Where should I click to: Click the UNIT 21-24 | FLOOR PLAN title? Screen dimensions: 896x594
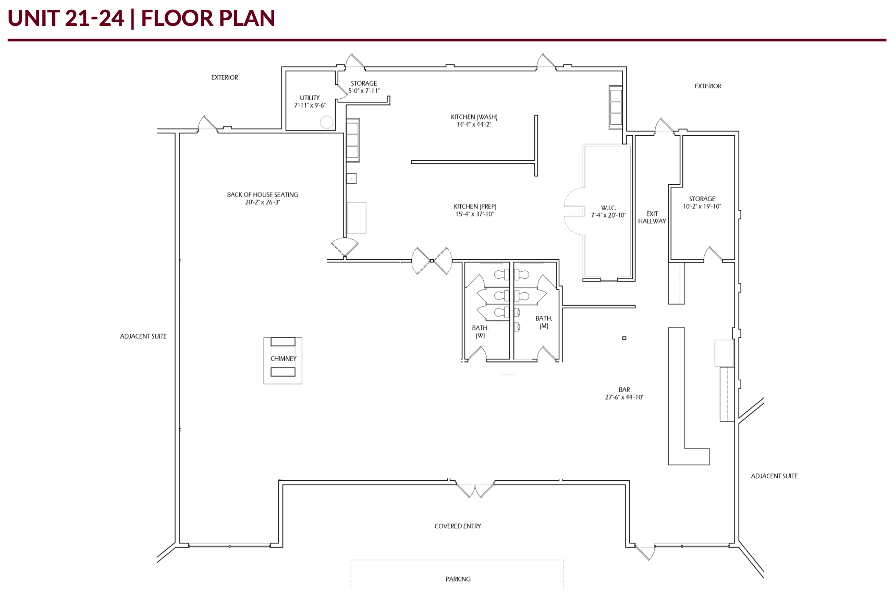(x=142, y=18)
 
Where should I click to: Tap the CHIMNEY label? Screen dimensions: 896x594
(x=283, y=359)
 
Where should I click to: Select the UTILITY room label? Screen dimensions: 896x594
(x=310, y=98)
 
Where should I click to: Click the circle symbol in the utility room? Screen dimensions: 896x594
(x=326, y=122)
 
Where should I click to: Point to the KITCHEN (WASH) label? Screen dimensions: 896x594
(x=474, y=117)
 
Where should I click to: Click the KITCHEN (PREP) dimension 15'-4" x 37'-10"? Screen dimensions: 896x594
(x=475, y=214)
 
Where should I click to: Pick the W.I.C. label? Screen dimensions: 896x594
(x=608, y=208)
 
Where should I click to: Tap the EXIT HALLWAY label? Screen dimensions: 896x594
(x=652, y=218)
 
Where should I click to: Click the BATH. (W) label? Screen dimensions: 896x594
(x=480, y=332)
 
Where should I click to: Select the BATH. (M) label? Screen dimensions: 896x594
(x=544, y=322)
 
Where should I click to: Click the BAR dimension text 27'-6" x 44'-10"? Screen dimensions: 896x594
(x=624, y=398)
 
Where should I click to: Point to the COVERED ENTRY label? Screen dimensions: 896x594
(x=458, y=527)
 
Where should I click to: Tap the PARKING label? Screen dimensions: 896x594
(x=458, y=579)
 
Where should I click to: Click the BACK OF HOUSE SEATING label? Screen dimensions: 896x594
(x=262, y=195)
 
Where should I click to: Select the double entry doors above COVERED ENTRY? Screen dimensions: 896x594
(x=475, y=490)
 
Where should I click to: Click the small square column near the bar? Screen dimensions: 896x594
(x=624, y=338)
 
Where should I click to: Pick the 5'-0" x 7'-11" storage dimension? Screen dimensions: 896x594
(x=364, y=91)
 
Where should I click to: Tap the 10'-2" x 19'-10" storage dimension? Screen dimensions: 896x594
(x=702, y=207)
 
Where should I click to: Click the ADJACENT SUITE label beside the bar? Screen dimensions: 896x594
(x=774, y=476)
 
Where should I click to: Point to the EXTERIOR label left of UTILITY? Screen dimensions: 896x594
(x=225, y=78)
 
